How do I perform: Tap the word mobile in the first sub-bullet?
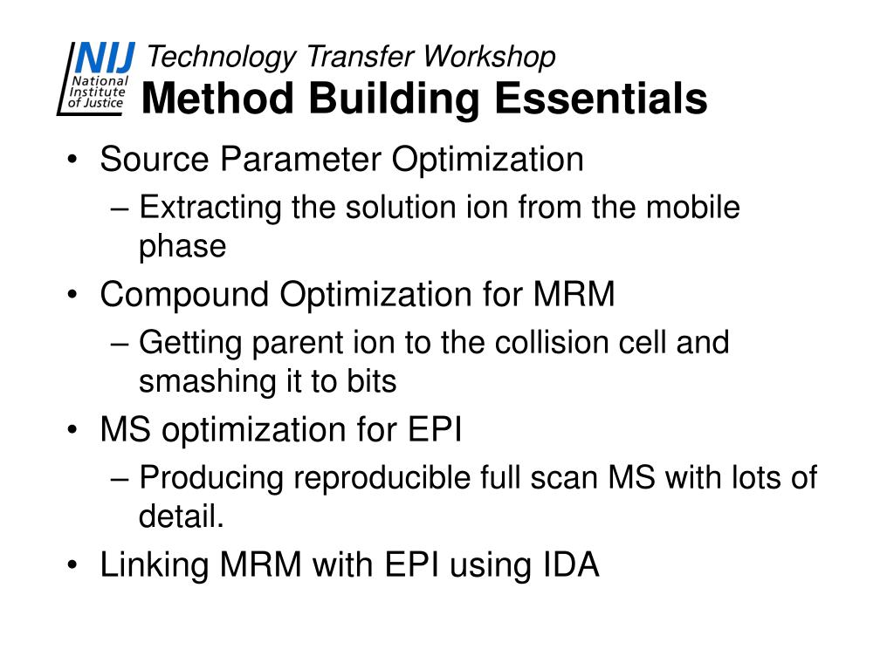[693, 208]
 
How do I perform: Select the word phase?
[182, 247]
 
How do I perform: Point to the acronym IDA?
[567, 566]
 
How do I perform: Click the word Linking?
[155, 566]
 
